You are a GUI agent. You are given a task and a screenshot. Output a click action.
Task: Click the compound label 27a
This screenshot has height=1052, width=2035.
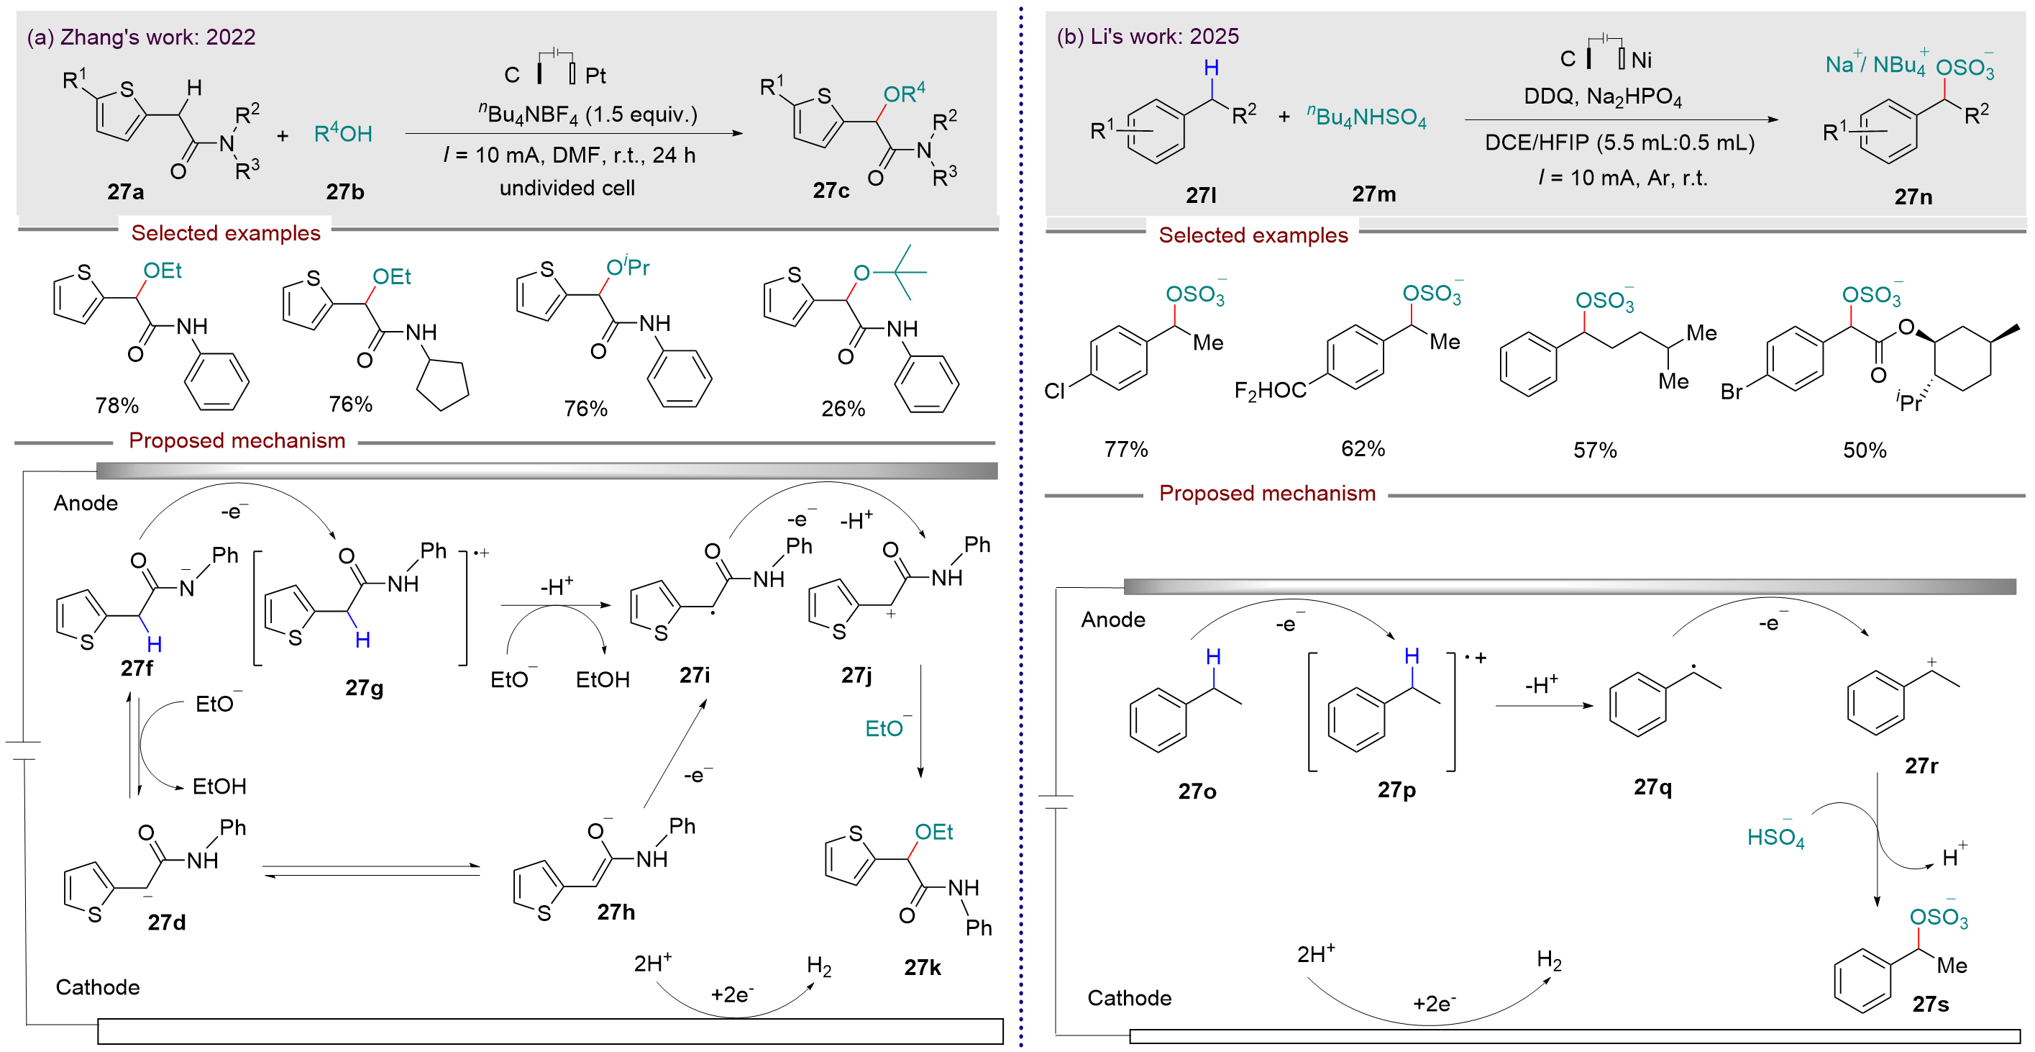point(126,192)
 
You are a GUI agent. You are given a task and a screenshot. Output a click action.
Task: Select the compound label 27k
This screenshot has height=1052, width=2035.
point(922,967)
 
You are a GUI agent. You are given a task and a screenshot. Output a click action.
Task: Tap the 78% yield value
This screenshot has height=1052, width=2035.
point(117,405)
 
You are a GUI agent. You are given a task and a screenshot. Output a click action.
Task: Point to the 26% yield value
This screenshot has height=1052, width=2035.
point(843,409)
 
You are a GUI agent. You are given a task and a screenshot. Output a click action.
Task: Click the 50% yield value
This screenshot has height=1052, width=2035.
point(1865,450)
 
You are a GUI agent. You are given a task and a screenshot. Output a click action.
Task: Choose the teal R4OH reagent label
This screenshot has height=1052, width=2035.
point(343,134)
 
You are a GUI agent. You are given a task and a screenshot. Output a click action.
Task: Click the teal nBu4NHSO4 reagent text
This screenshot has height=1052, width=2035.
point(1367,118)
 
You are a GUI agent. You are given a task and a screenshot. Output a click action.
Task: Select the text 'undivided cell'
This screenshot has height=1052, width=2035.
point(567,188)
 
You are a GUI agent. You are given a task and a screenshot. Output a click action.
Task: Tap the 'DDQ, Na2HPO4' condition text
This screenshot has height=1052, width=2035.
point(1602,96)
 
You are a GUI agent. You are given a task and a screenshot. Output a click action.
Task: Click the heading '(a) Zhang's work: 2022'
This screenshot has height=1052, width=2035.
point(142,37)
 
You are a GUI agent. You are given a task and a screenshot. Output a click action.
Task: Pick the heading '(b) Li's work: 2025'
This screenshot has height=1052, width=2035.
point(1147,37)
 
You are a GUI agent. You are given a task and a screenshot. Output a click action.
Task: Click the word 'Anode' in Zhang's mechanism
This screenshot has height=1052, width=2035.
point(86,504)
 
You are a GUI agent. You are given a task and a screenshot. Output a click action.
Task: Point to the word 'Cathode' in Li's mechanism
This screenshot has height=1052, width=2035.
point(1129,998)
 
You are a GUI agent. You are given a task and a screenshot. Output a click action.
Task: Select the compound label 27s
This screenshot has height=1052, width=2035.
point(1930,1005)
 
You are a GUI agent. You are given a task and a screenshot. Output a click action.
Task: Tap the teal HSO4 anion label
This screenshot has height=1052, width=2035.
point(1775,838)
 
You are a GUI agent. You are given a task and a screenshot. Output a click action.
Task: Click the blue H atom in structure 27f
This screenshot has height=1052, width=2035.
point(154,645)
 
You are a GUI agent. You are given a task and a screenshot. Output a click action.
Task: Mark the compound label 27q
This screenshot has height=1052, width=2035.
point(1652,787)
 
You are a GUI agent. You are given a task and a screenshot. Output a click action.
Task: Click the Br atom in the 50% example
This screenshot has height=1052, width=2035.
point(1731,392)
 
